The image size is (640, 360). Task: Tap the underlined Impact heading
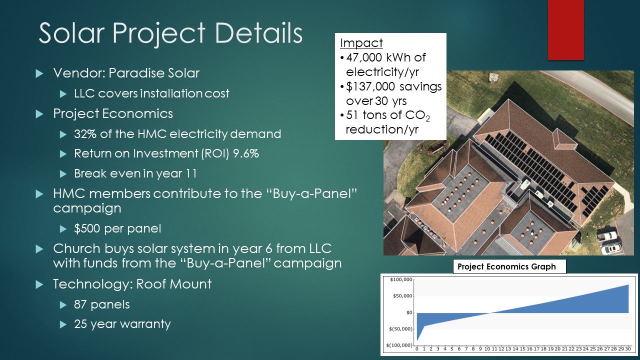point(361,43)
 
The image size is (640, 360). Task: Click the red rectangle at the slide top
point(565,29)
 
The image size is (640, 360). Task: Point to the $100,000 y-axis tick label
point(401,279)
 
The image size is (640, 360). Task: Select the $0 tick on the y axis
point(409,312)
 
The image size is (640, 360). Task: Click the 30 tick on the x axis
point(627,349)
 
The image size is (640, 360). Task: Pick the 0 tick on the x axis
point(417,349)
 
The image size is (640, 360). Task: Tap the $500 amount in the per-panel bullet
point(87,228)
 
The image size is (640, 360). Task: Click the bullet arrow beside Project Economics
point(39,114)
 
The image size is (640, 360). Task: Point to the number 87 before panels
point(80,304)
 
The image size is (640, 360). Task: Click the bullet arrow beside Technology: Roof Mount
point(39,284)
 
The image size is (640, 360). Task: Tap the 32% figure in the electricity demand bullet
point(85,134)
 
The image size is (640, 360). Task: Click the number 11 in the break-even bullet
point(191,173)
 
